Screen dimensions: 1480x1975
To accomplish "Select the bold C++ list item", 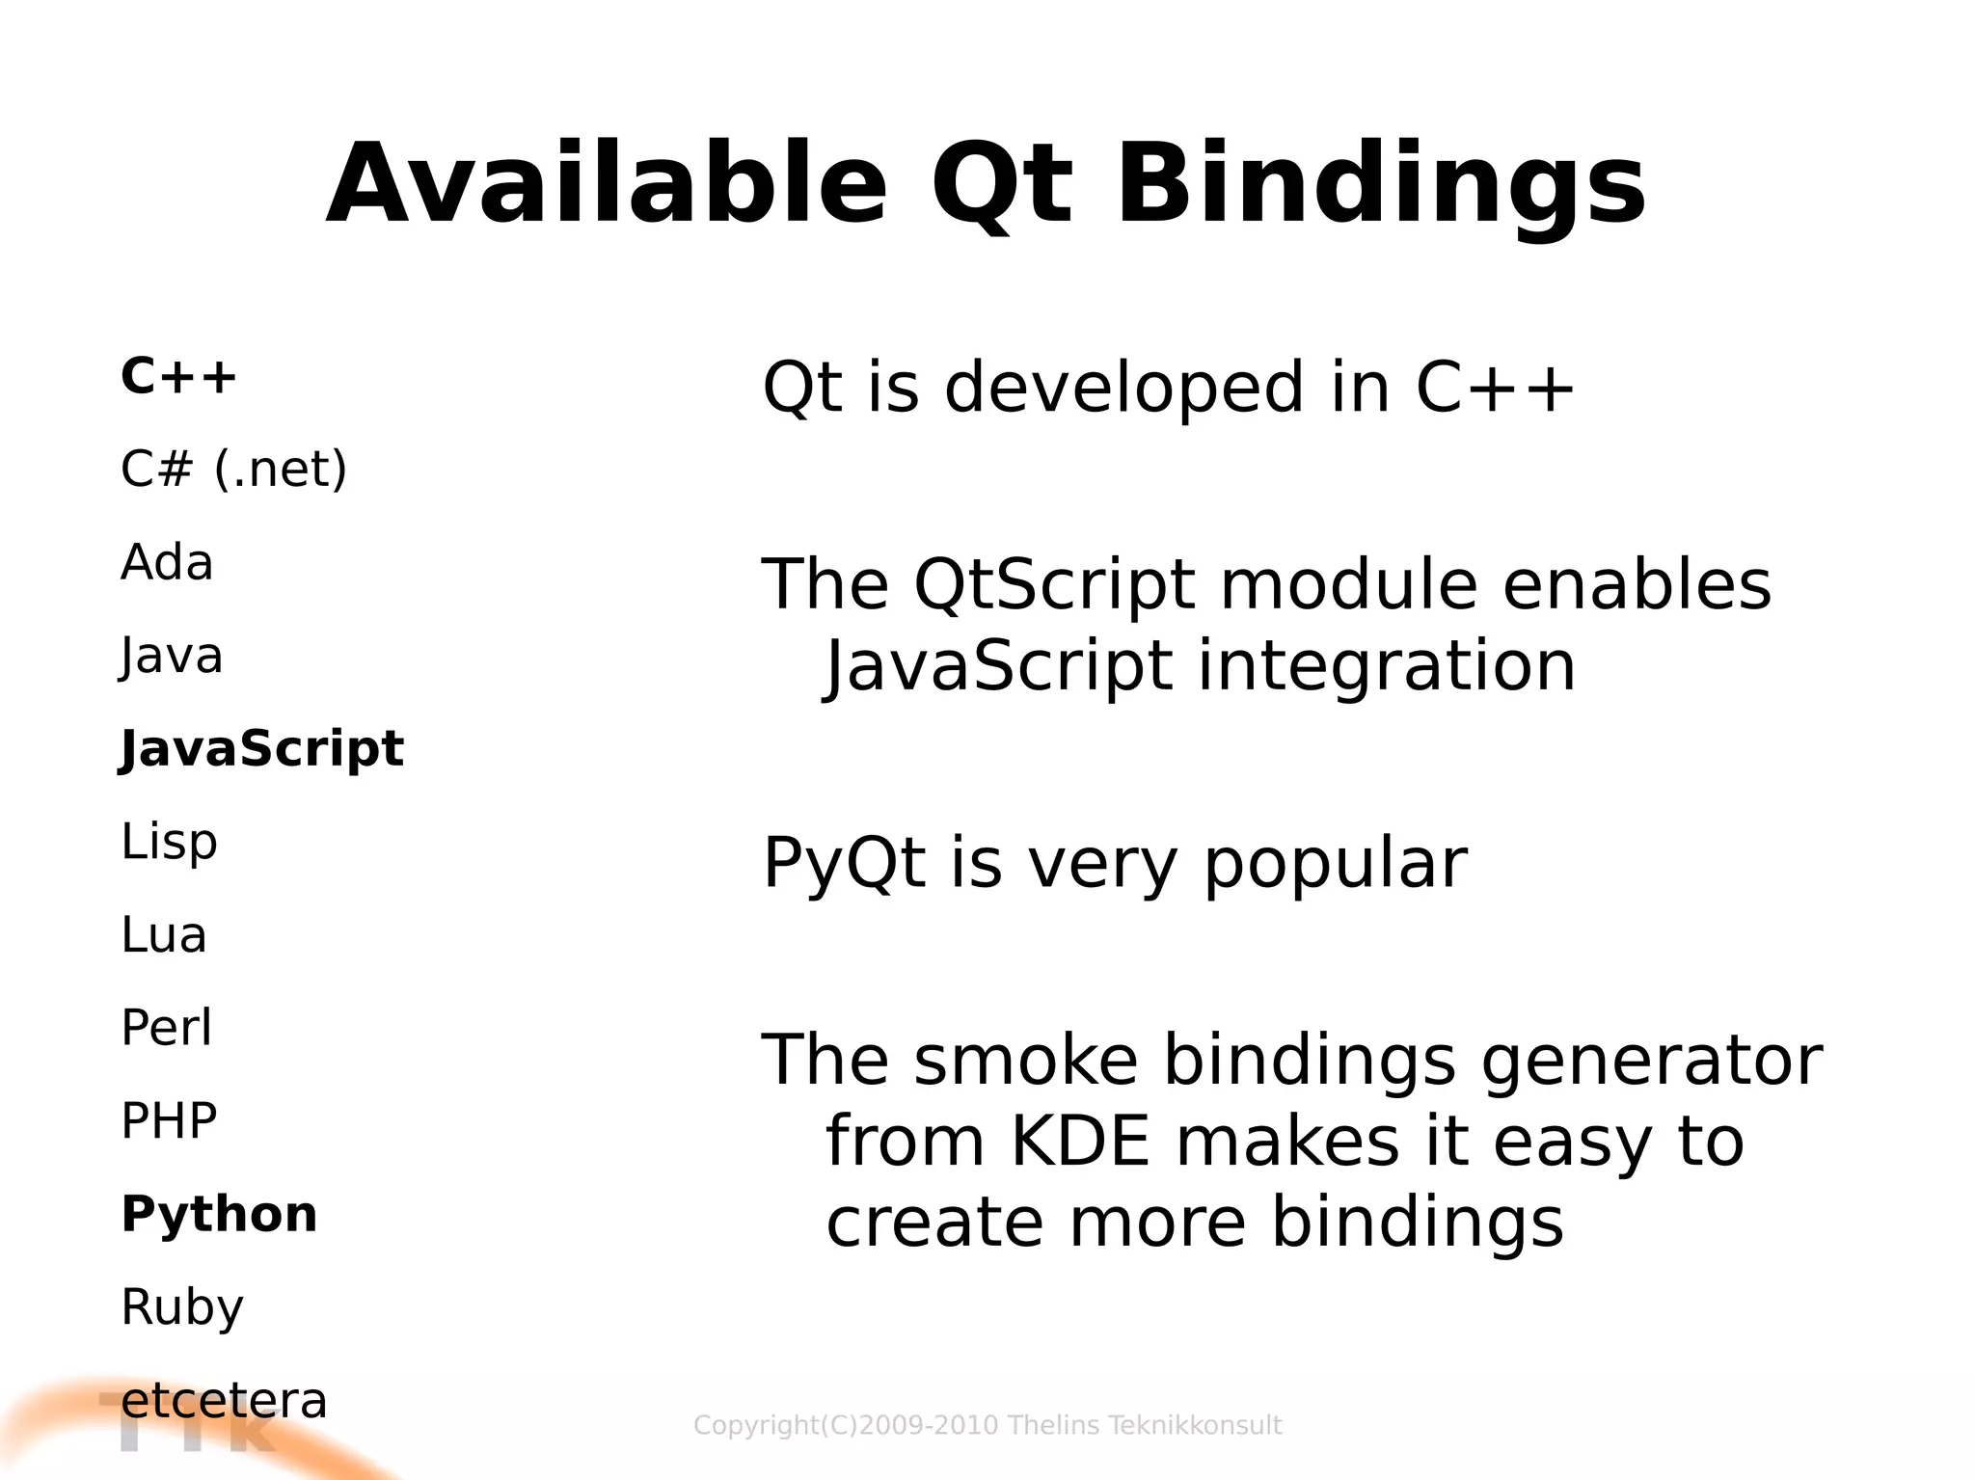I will click(178, 376).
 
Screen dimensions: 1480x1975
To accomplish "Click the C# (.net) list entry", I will click(233, 470).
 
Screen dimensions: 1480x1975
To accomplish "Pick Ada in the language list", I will click(167, 562).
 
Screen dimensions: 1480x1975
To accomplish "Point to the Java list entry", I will click(172, 657).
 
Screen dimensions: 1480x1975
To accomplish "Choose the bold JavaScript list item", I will click(261, 749).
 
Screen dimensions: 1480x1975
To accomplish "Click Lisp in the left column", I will click(169, 843).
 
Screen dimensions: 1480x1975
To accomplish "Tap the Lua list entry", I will click(164, 935).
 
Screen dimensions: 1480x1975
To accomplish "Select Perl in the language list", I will click(166, 1028).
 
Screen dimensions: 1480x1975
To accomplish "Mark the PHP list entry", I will click(169, 1121).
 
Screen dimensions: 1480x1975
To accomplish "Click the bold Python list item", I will click(219, 1214).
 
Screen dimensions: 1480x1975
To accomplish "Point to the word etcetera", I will click(224, 1401).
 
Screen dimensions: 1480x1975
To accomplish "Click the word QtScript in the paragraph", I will click(1054, 585).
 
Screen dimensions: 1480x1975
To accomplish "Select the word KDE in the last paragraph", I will click(1080, 1142).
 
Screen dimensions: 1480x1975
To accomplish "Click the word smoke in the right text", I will click(1026, 1061).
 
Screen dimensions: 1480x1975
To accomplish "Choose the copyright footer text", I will click(987, 1425).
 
